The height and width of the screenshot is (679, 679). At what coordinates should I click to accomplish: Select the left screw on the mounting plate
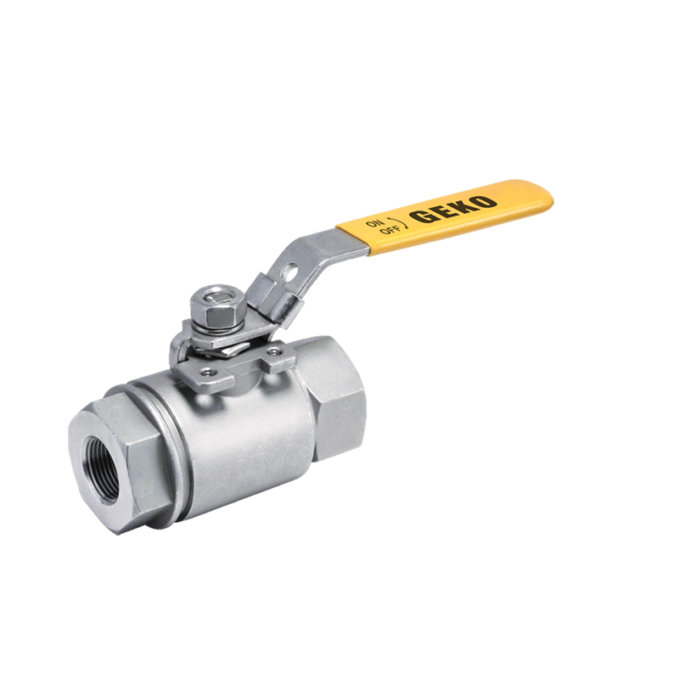coord(206,371)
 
